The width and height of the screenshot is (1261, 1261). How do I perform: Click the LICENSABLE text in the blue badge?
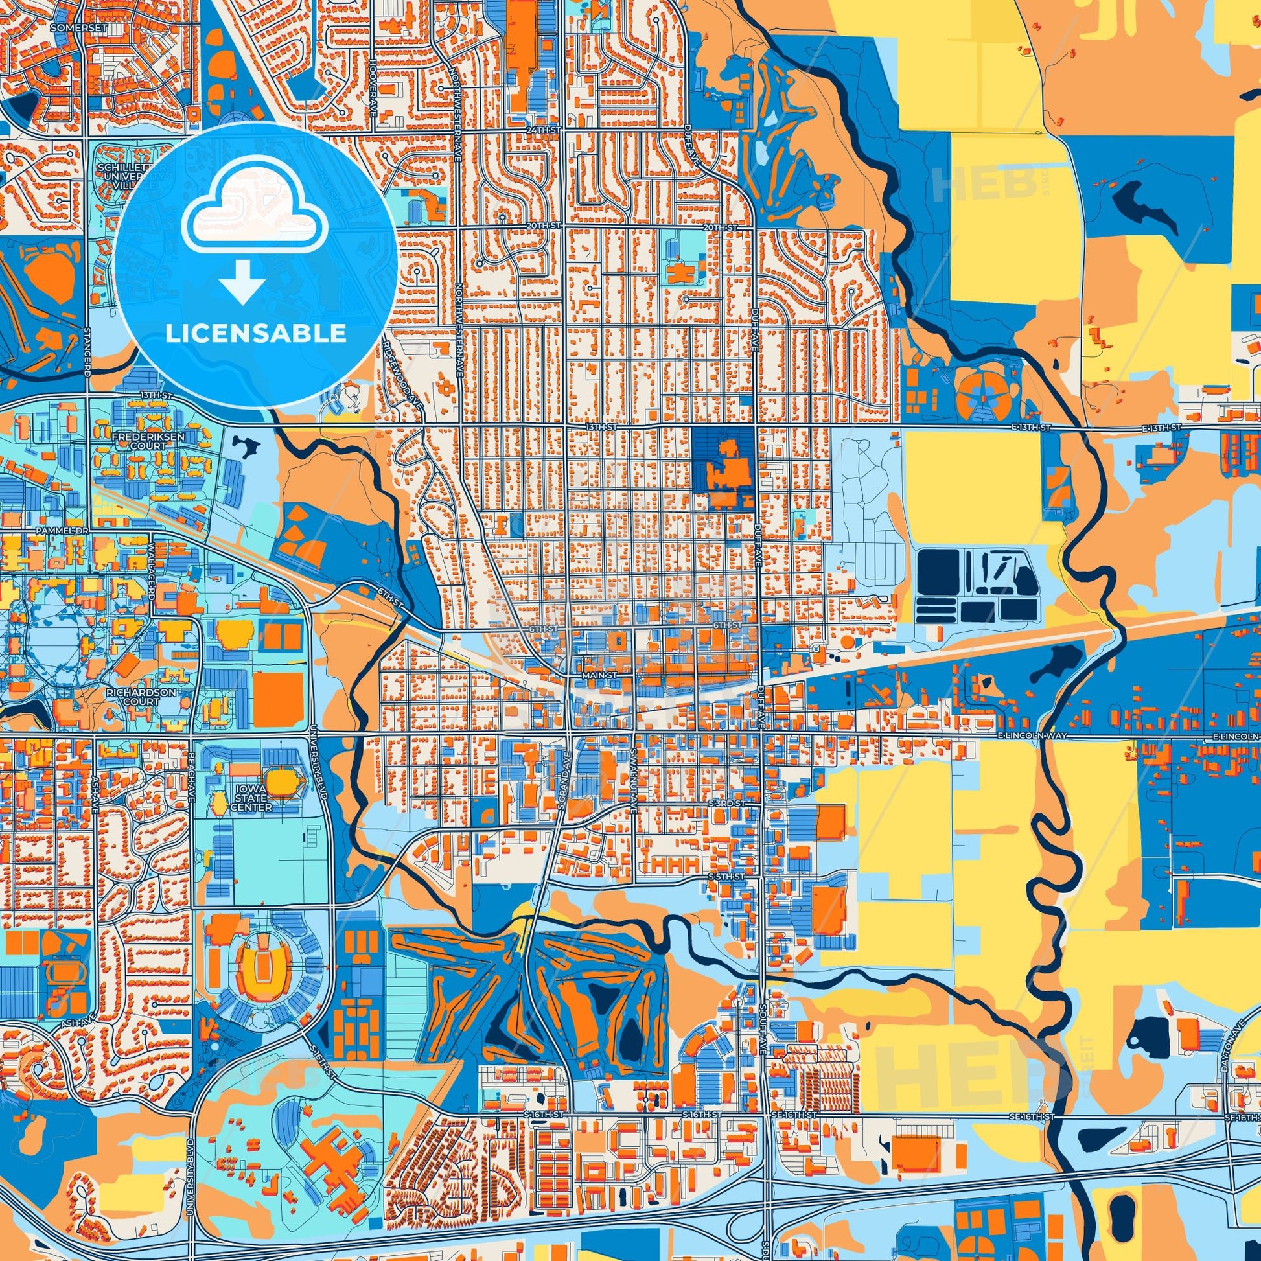pyautogui.click(x=255, y=334)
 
